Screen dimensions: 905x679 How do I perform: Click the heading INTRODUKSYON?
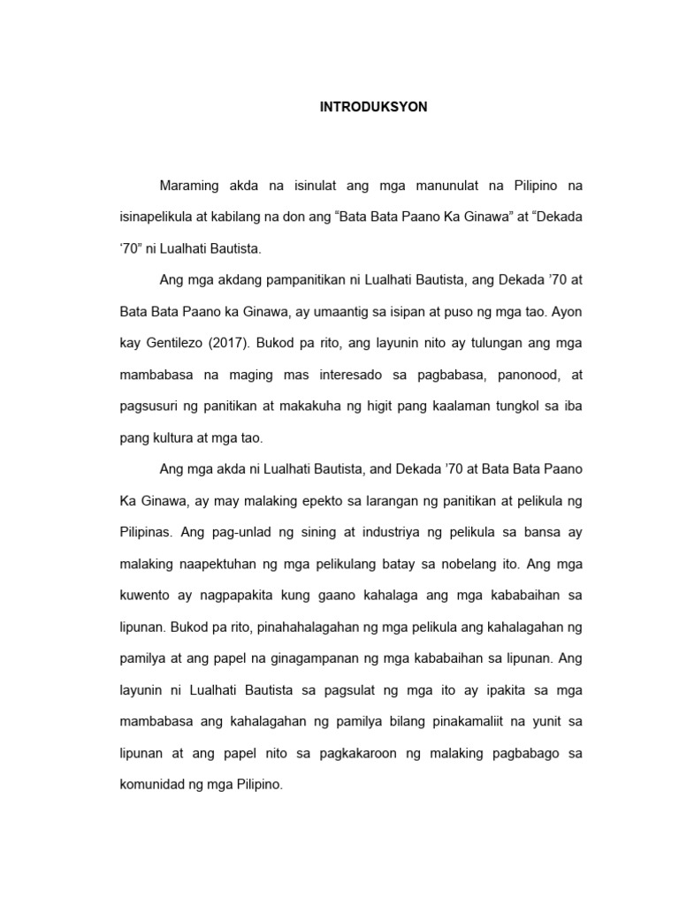[x=373, y=106]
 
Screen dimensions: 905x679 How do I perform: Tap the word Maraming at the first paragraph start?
[x=189, y=186]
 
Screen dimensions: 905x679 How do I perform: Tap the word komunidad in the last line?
[x=153, y=784]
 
